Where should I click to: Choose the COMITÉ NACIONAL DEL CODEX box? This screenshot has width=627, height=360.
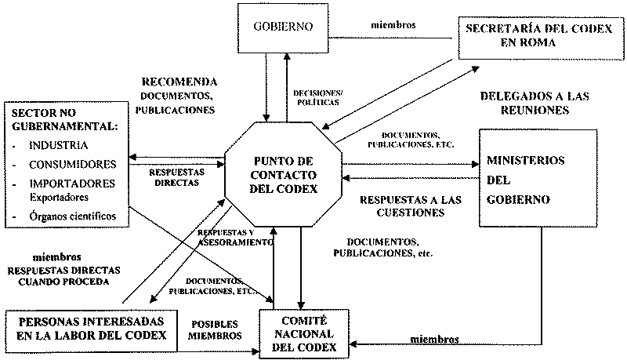[300, 333]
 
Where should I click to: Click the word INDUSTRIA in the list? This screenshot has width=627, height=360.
[58, 146]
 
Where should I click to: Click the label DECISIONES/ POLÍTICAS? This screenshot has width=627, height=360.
[317, 96]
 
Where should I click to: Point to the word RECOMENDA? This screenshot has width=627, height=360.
[179, 82]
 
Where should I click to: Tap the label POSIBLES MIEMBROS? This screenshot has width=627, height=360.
[214, 329]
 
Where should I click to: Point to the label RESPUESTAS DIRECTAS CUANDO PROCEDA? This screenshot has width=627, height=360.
[65, 275]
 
